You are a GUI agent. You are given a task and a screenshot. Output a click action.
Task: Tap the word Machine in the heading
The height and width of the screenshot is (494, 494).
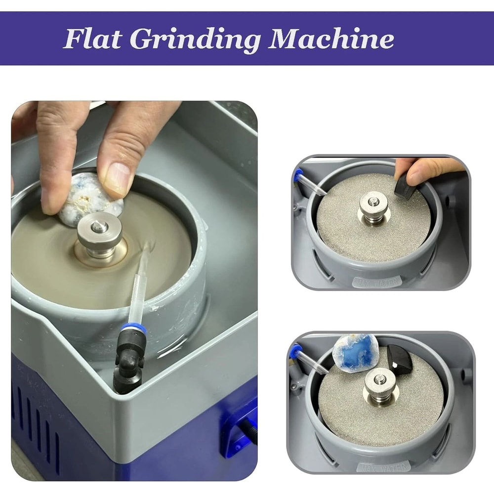(331, 39)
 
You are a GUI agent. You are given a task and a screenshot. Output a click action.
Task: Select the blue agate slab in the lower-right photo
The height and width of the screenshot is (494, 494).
(355, 352)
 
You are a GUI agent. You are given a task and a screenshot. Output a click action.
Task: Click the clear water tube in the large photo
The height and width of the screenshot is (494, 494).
(139, 287)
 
